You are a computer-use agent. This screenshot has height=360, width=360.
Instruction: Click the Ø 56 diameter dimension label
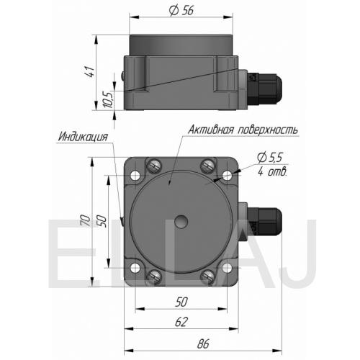[x=181, y=11]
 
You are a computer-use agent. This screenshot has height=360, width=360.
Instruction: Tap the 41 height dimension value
[x=89, y=71]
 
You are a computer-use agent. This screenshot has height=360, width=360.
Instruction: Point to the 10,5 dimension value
[x=108, y=99]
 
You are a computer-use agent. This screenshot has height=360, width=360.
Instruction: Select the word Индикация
[x=83, y=137]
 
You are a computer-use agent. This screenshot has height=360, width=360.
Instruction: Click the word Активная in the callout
[x=211, y=130]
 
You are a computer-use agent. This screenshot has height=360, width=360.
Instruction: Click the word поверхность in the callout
[x=268, y=130]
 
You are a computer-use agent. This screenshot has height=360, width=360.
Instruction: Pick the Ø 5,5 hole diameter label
[x=270, y=158]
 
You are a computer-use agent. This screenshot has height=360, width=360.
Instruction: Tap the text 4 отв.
[x=272, y=172]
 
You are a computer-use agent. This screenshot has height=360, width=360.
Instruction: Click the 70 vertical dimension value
[x=85, y=220]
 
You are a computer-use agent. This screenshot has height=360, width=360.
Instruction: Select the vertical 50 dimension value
[x=102, y=221]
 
